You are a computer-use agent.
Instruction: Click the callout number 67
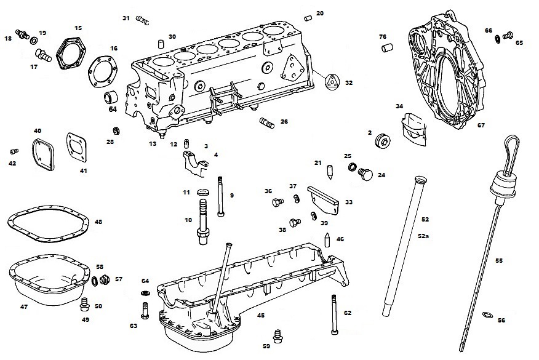(x=481, y=125)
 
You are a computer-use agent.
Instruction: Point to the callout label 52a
(x=423, y=236)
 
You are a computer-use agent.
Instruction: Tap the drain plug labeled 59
(x=277, y=334)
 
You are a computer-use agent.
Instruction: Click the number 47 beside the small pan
(x=24, y=306)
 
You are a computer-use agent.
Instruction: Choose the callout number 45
(x=261, y=315)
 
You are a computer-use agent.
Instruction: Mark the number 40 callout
(x=38, y=131)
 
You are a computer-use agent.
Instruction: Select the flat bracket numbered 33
(x=322, y=196)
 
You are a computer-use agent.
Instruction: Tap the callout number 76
(x=382, y=36)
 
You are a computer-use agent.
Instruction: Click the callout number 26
(x=284, y=122)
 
